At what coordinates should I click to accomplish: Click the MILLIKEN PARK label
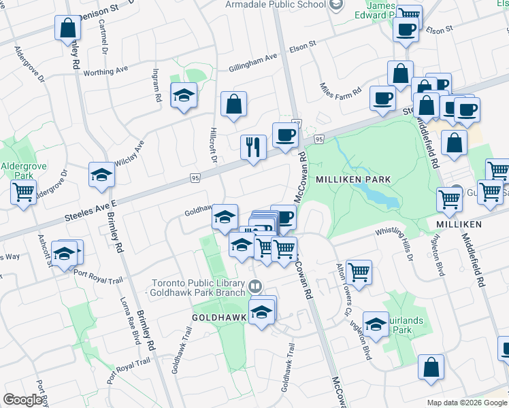pos(353,179)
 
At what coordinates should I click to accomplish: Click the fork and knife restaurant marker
pos(252,146)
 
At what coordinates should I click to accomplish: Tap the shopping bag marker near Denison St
pos(67,28)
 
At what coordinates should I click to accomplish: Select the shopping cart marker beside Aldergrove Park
pos(23,192)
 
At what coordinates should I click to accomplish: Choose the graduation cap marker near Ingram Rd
pos(184,96)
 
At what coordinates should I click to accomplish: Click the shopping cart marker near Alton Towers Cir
pos(359,272)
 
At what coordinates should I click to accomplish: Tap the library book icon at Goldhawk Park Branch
pos(255,286)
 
